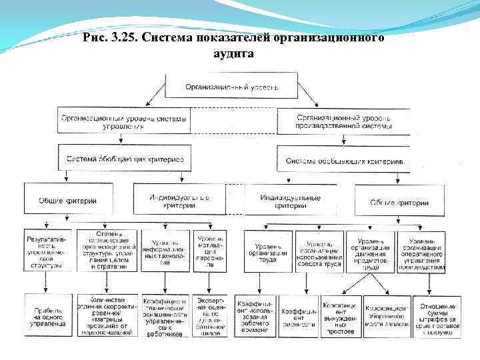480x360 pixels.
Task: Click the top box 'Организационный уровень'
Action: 231,87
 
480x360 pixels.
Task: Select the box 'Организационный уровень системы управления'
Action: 123,121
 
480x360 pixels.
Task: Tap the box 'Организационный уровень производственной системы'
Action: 343,121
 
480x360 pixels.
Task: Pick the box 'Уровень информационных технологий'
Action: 165,251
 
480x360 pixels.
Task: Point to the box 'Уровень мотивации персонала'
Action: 210,251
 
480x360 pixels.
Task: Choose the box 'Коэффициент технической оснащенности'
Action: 165,315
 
